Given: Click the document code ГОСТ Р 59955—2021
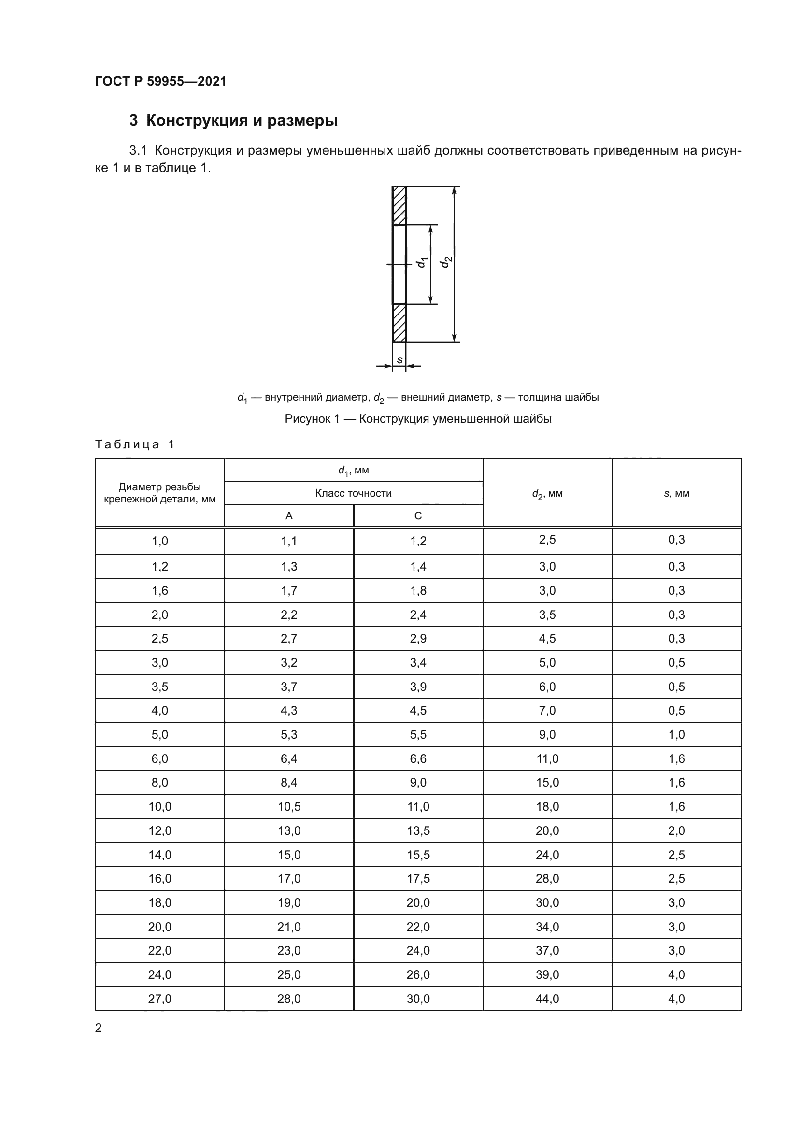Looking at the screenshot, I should pos(160,81).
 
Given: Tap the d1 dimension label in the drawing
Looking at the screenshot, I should pos(422,263).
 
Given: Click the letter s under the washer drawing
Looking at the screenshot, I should pos(399,360).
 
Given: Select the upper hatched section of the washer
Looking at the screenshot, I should pos(399,206).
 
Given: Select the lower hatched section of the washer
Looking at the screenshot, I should pos(399,323).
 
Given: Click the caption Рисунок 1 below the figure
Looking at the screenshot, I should pos(418,419).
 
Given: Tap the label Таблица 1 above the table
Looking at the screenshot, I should pos(134,444).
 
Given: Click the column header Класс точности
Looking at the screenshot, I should pos(353,493).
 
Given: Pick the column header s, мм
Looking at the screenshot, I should pos(676,493).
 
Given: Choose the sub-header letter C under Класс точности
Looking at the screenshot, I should pos(418,516).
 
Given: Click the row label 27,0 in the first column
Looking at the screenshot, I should pos(159,999).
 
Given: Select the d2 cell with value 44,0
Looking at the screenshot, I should pos(547,999).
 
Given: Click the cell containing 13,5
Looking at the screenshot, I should pos(418,831).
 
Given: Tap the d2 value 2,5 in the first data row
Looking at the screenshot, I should pos(547,540).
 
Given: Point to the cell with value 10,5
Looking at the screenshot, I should pos(289,807).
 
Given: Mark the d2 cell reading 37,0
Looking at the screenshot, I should pos(547,950).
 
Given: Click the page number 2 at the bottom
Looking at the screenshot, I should pos(99,1028).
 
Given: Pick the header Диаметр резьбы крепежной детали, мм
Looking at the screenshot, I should pos(159,493).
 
